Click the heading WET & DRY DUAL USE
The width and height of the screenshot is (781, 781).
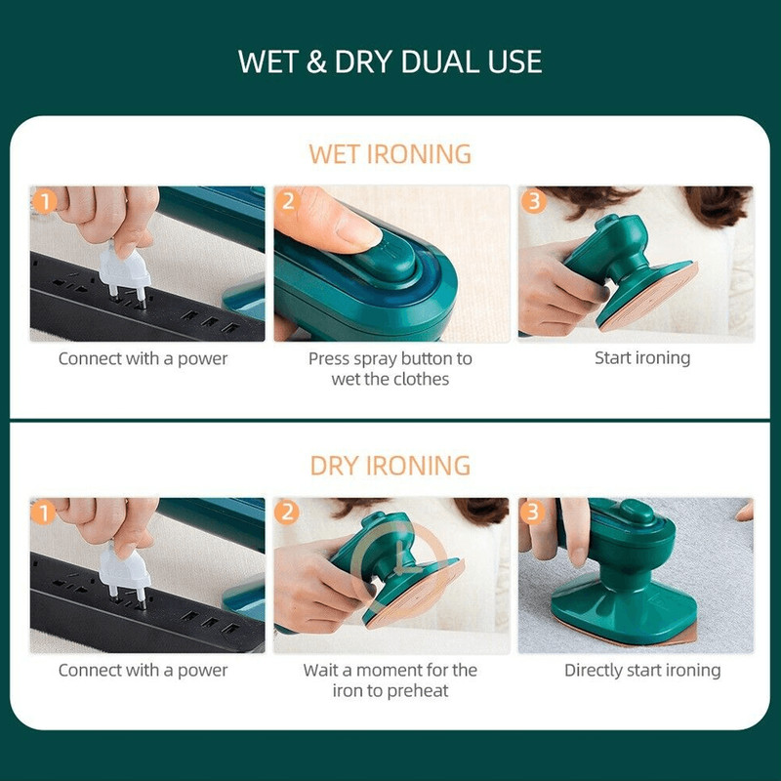point(390,62)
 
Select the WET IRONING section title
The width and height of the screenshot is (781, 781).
point(390,154)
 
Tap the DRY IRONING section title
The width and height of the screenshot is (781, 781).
point(390,466)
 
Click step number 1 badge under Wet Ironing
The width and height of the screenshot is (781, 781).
point(44,202)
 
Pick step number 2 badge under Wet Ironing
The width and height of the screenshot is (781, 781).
point(288,201)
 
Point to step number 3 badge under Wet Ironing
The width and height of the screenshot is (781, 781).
point(533,201)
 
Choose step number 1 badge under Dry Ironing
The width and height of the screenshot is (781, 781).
point(43,514)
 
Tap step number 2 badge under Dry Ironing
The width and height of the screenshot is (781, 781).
point(287,513)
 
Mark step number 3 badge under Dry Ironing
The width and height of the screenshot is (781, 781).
point(532,513)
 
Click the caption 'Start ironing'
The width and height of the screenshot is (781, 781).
point(642,358)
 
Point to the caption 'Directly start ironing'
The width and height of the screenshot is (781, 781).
point(642,670)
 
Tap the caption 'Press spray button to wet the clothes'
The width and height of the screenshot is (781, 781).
point(390,369)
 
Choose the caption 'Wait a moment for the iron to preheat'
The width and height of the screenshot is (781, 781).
point(390,680)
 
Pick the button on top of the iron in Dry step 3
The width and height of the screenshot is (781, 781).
point(637,511)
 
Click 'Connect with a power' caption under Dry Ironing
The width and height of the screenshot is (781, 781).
point(143,671)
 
